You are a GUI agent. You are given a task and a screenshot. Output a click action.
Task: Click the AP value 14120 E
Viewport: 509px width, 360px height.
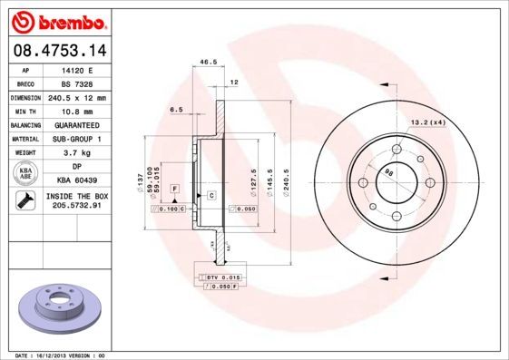tap(77, 69)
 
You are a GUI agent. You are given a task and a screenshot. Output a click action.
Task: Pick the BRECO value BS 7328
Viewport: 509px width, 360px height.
tap(77, 83)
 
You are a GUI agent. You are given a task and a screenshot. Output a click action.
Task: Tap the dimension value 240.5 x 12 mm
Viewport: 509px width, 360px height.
tap(77, 97)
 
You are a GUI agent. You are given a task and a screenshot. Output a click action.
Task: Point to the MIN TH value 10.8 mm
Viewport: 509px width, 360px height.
tap(77, 111)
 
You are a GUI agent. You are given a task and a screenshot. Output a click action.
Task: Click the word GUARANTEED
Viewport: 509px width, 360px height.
tap(77, 125)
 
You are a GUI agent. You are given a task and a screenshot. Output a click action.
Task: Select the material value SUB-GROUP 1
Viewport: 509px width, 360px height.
tap(77, 139)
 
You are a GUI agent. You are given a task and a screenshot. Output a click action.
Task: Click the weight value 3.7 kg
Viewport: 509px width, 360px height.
tap(77, 153)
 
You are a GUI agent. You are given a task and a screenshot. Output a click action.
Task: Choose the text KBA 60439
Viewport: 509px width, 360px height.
tap(77, 180)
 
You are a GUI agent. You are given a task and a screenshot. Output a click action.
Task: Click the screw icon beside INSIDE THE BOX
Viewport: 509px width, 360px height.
tap(25, 200)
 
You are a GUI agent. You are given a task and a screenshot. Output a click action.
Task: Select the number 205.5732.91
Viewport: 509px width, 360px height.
tap(77, 206)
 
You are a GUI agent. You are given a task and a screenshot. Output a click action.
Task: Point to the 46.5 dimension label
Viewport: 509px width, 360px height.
tap(208, 63)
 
